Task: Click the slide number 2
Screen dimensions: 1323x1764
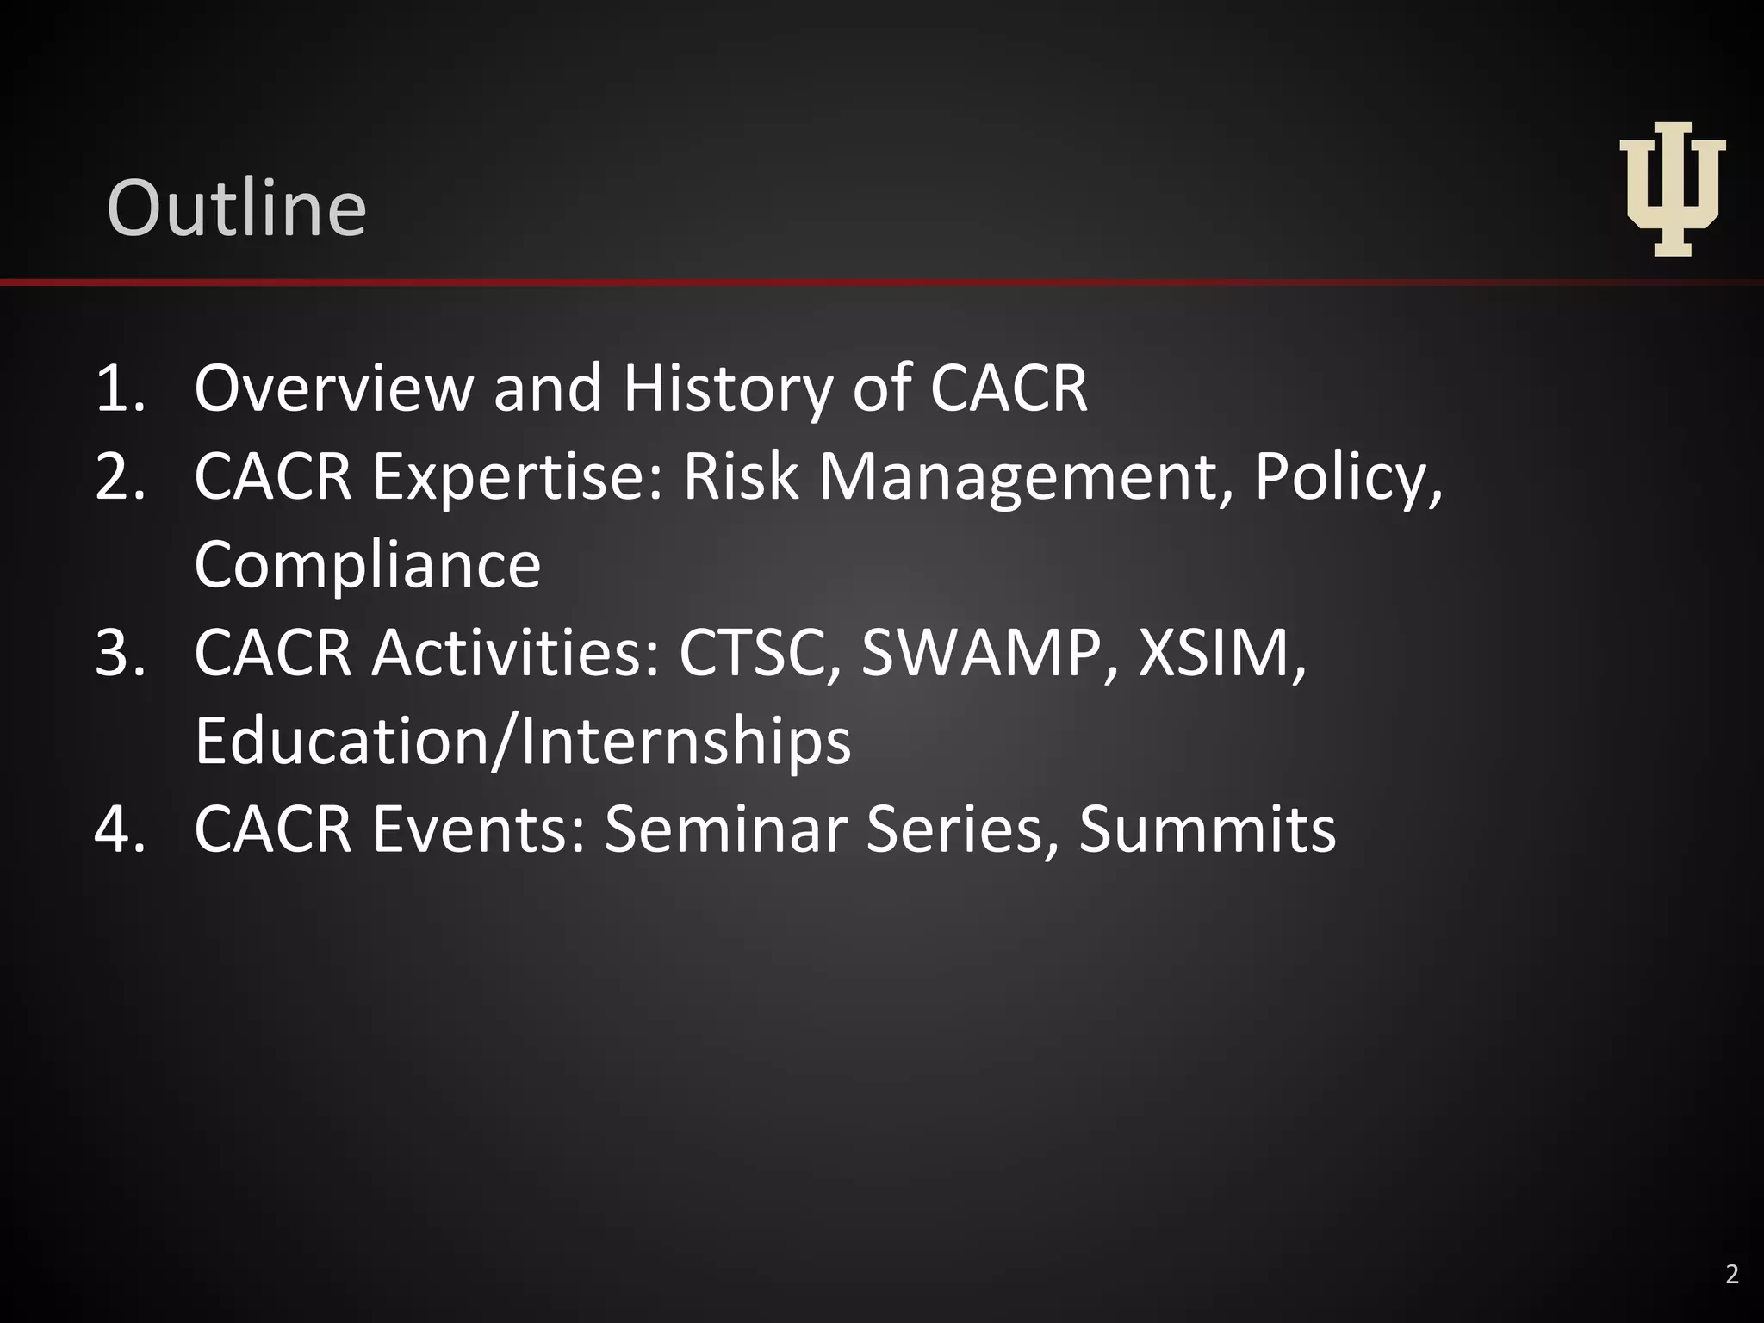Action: [x=1732, y=1274]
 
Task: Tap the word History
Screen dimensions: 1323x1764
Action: [x=726, y=388]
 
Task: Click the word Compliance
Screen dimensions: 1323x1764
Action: [x=368, y=565]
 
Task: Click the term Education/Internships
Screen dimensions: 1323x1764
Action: [x=523, y=742]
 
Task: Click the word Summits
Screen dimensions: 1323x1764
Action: [x=1207, y=829]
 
